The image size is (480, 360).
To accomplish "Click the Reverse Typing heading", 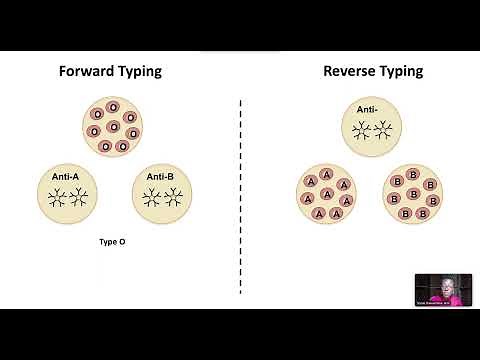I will (373, 71).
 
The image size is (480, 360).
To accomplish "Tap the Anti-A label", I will (67, 177).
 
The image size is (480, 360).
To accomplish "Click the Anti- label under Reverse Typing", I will (368, 109).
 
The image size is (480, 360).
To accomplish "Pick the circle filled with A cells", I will (326, 194).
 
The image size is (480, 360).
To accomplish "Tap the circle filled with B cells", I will (414, 194).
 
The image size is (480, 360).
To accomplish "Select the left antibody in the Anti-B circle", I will (149, 196).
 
